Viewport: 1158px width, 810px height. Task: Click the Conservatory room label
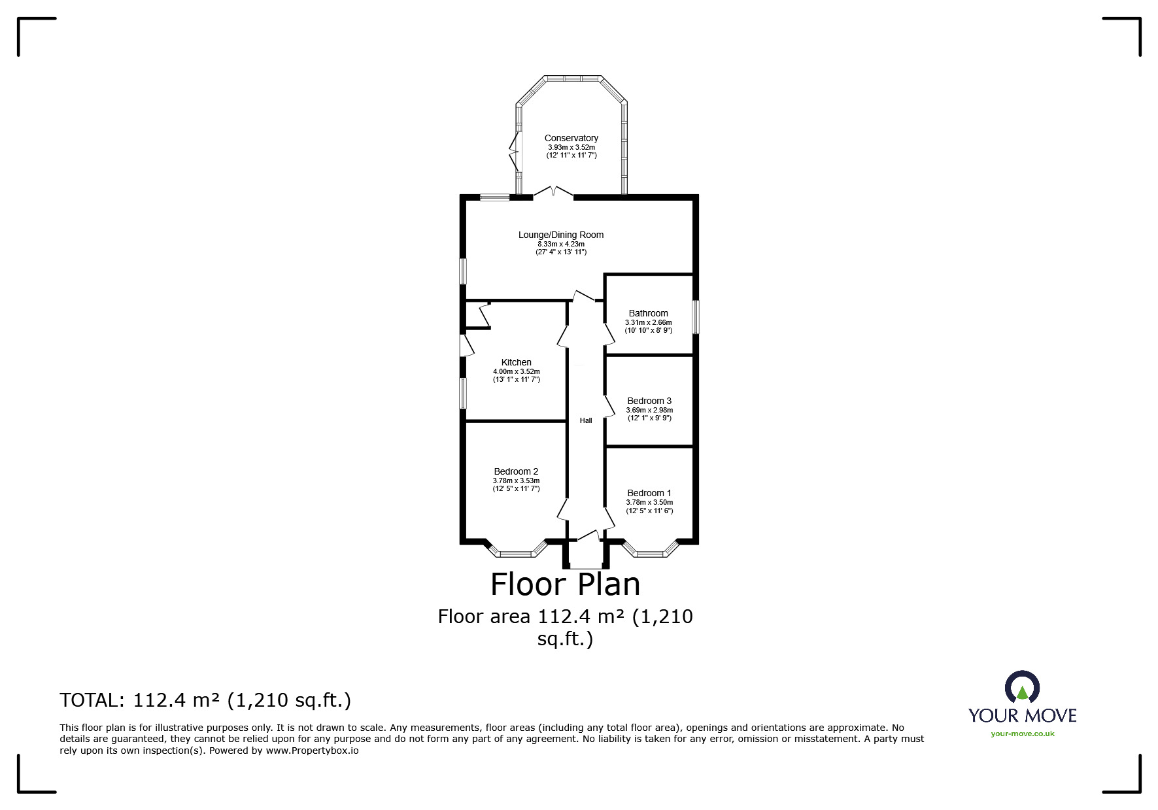(571, 138)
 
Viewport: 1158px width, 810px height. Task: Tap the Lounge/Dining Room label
(561, 235)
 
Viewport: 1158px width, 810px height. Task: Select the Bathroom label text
(649, 313)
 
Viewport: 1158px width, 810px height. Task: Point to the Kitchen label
(517, 362)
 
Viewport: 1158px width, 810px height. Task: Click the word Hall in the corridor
(586, 420)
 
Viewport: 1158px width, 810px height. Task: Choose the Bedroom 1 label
(649, 493)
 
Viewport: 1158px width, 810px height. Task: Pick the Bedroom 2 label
(517, 471)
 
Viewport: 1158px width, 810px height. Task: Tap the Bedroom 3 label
(649, 401)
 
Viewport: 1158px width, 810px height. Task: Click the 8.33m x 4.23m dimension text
(561, 244)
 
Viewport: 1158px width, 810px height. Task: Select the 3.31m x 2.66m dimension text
(649, 322)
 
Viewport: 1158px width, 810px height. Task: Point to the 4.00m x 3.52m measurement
(517, 371)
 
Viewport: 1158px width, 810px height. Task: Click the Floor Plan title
(566, 584)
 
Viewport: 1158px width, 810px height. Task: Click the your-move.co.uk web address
(1023, 734)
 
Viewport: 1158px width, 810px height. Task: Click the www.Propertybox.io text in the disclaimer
(312, 751)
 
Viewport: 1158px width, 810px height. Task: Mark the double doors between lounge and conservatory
(554, 192)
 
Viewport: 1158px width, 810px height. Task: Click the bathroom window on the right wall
(696, 317)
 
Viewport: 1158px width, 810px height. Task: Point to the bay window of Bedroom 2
(517, 549)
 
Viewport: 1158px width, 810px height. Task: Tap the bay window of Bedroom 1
(650, 549)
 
